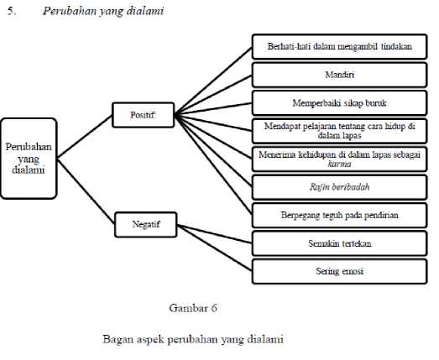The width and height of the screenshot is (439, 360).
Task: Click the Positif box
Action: tap(143, 115)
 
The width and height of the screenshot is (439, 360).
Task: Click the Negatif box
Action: tap(146, 225)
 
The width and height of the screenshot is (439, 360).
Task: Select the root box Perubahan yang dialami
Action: tap(29, 159)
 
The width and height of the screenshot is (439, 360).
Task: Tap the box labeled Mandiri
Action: tap(340, 75)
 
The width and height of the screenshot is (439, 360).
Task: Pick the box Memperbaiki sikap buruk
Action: tap(340, 103)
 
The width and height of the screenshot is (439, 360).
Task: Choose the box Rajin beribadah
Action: tap(340, 187)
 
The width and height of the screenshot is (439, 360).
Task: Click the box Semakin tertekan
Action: tap(340, 243)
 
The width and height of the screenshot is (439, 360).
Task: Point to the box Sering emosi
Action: tap(340, 271)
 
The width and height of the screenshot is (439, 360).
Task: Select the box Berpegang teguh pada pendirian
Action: tap(340, 216)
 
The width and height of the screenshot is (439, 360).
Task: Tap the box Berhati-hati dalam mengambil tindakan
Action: tap(340, 46)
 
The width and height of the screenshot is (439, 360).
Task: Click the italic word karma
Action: tap(339, 164)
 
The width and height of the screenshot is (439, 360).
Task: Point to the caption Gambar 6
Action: tap(193, 308)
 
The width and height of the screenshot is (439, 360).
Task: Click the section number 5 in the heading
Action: tap(11, 11)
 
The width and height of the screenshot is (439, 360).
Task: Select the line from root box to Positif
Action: tap(85, 137)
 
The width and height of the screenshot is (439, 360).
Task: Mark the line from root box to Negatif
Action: tap(86, 191)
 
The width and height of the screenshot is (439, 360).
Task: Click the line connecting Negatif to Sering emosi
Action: tap(215, 248)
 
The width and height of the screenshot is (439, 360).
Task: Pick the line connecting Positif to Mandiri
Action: tap(213, 95)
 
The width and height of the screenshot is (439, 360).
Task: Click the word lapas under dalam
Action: tap(352, 136)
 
